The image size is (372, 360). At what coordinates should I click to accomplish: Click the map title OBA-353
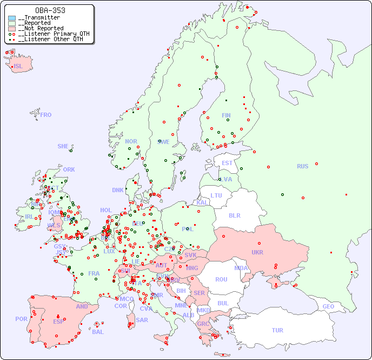coord(50,10)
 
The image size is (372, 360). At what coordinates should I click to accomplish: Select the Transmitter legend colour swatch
coord(12,18)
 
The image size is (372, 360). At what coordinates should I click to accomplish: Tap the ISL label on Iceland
coord(18,67)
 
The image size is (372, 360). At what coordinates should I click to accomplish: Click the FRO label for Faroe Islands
coord(46,115)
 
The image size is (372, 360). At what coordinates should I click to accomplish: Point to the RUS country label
coord(302,166)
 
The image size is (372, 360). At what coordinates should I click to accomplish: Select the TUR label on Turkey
coord(277,330)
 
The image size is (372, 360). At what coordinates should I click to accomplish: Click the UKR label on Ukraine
coord(257,252)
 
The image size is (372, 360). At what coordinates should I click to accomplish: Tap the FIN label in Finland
coord(226,115)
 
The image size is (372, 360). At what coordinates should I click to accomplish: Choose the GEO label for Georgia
coord(328,306)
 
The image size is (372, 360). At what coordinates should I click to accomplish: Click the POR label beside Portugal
coord(21,319)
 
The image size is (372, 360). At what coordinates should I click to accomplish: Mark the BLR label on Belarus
coord(235,215)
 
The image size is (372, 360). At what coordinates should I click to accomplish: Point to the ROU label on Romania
coord(221,279)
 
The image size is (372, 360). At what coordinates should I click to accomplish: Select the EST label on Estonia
coord(227,163)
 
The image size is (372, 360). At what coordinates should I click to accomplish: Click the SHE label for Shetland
coord(63,146)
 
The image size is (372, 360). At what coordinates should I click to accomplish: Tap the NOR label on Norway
coord(131,141)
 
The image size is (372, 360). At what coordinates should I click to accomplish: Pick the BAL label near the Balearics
coord(98,332)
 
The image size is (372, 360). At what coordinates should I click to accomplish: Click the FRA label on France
coord(94,273)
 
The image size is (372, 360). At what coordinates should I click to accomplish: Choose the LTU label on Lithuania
coord(216,195)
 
